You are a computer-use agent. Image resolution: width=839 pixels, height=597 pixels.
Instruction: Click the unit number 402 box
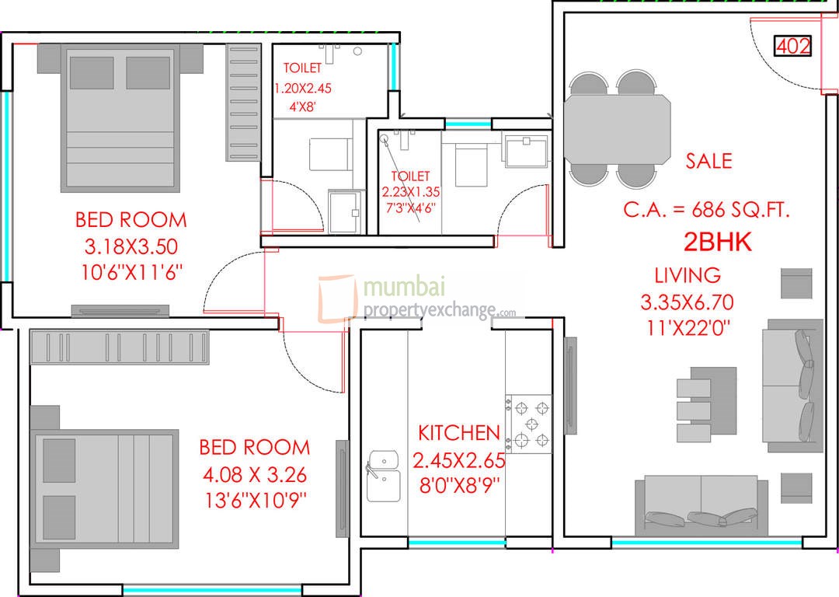pyautogui.click(x=793, y=47)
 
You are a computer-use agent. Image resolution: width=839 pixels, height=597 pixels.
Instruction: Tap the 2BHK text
pyautogui.click(x=717, y=243)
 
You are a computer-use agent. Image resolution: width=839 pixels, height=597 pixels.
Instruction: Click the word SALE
pyautogui.click(x=708, y=161)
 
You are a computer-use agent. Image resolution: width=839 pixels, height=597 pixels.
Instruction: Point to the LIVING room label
pyautogui.click(x=687, y=274)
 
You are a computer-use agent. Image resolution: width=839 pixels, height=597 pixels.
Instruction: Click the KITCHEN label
pyautogui.click(x=458, y=433)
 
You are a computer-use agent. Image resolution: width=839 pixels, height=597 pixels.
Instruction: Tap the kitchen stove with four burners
pyautogui.click(x=531, y=424)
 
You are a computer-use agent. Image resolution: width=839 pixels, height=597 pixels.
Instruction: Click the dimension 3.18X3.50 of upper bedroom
pyautogui.click(x=131, y=247)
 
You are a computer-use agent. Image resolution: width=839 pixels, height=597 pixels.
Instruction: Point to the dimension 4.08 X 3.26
pyautogui.click(x=254, y=473)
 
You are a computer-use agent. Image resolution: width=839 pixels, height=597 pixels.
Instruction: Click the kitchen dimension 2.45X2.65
pyautogui.click(x=458, y=460)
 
